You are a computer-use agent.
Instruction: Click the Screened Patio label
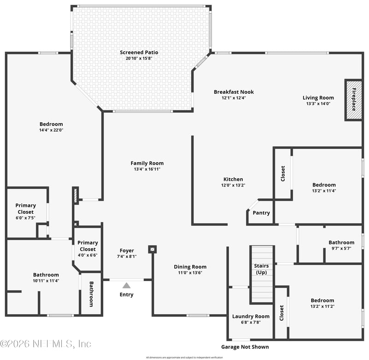(x=139, y=53)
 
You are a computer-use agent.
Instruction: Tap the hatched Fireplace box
(x=354, y=100)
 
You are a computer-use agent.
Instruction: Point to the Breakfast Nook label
(x=233, y=92)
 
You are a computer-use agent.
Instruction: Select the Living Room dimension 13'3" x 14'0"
(x=318, y=104)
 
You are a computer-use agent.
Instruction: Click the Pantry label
(x=261, y=213)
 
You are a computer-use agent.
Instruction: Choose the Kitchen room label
(x=233, y=179)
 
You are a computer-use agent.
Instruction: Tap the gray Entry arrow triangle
(x=126, y=285)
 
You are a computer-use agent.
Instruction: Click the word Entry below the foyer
(x=126, y=294)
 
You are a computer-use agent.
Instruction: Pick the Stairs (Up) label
(x=262, y=269)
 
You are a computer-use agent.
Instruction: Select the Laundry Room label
(x=250, y=316)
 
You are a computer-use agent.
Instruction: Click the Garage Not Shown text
(x=245, y=347)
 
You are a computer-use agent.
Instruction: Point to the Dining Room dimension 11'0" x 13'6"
(x=190, y=273)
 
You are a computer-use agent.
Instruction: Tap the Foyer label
(x=126, y=251)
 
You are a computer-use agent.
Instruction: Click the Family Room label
(x=147, y=163)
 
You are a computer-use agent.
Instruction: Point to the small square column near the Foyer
(x=152, y=249)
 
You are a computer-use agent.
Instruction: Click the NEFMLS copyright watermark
(x=46, y=344)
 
